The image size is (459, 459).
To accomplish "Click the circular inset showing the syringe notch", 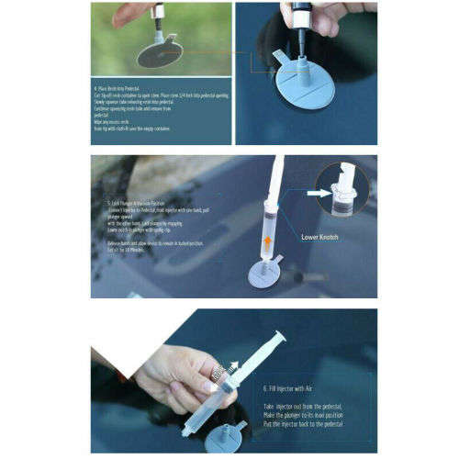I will [342, 190].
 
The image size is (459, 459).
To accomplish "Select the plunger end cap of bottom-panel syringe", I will [280, 338].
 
